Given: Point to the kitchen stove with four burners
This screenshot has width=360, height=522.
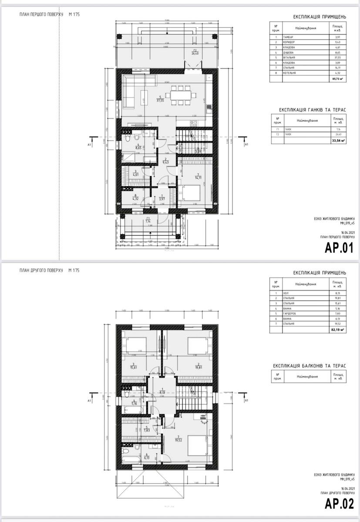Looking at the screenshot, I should point(194,124).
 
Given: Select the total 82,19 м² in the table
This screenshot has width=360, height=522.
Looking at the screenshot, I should point(337,330).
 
